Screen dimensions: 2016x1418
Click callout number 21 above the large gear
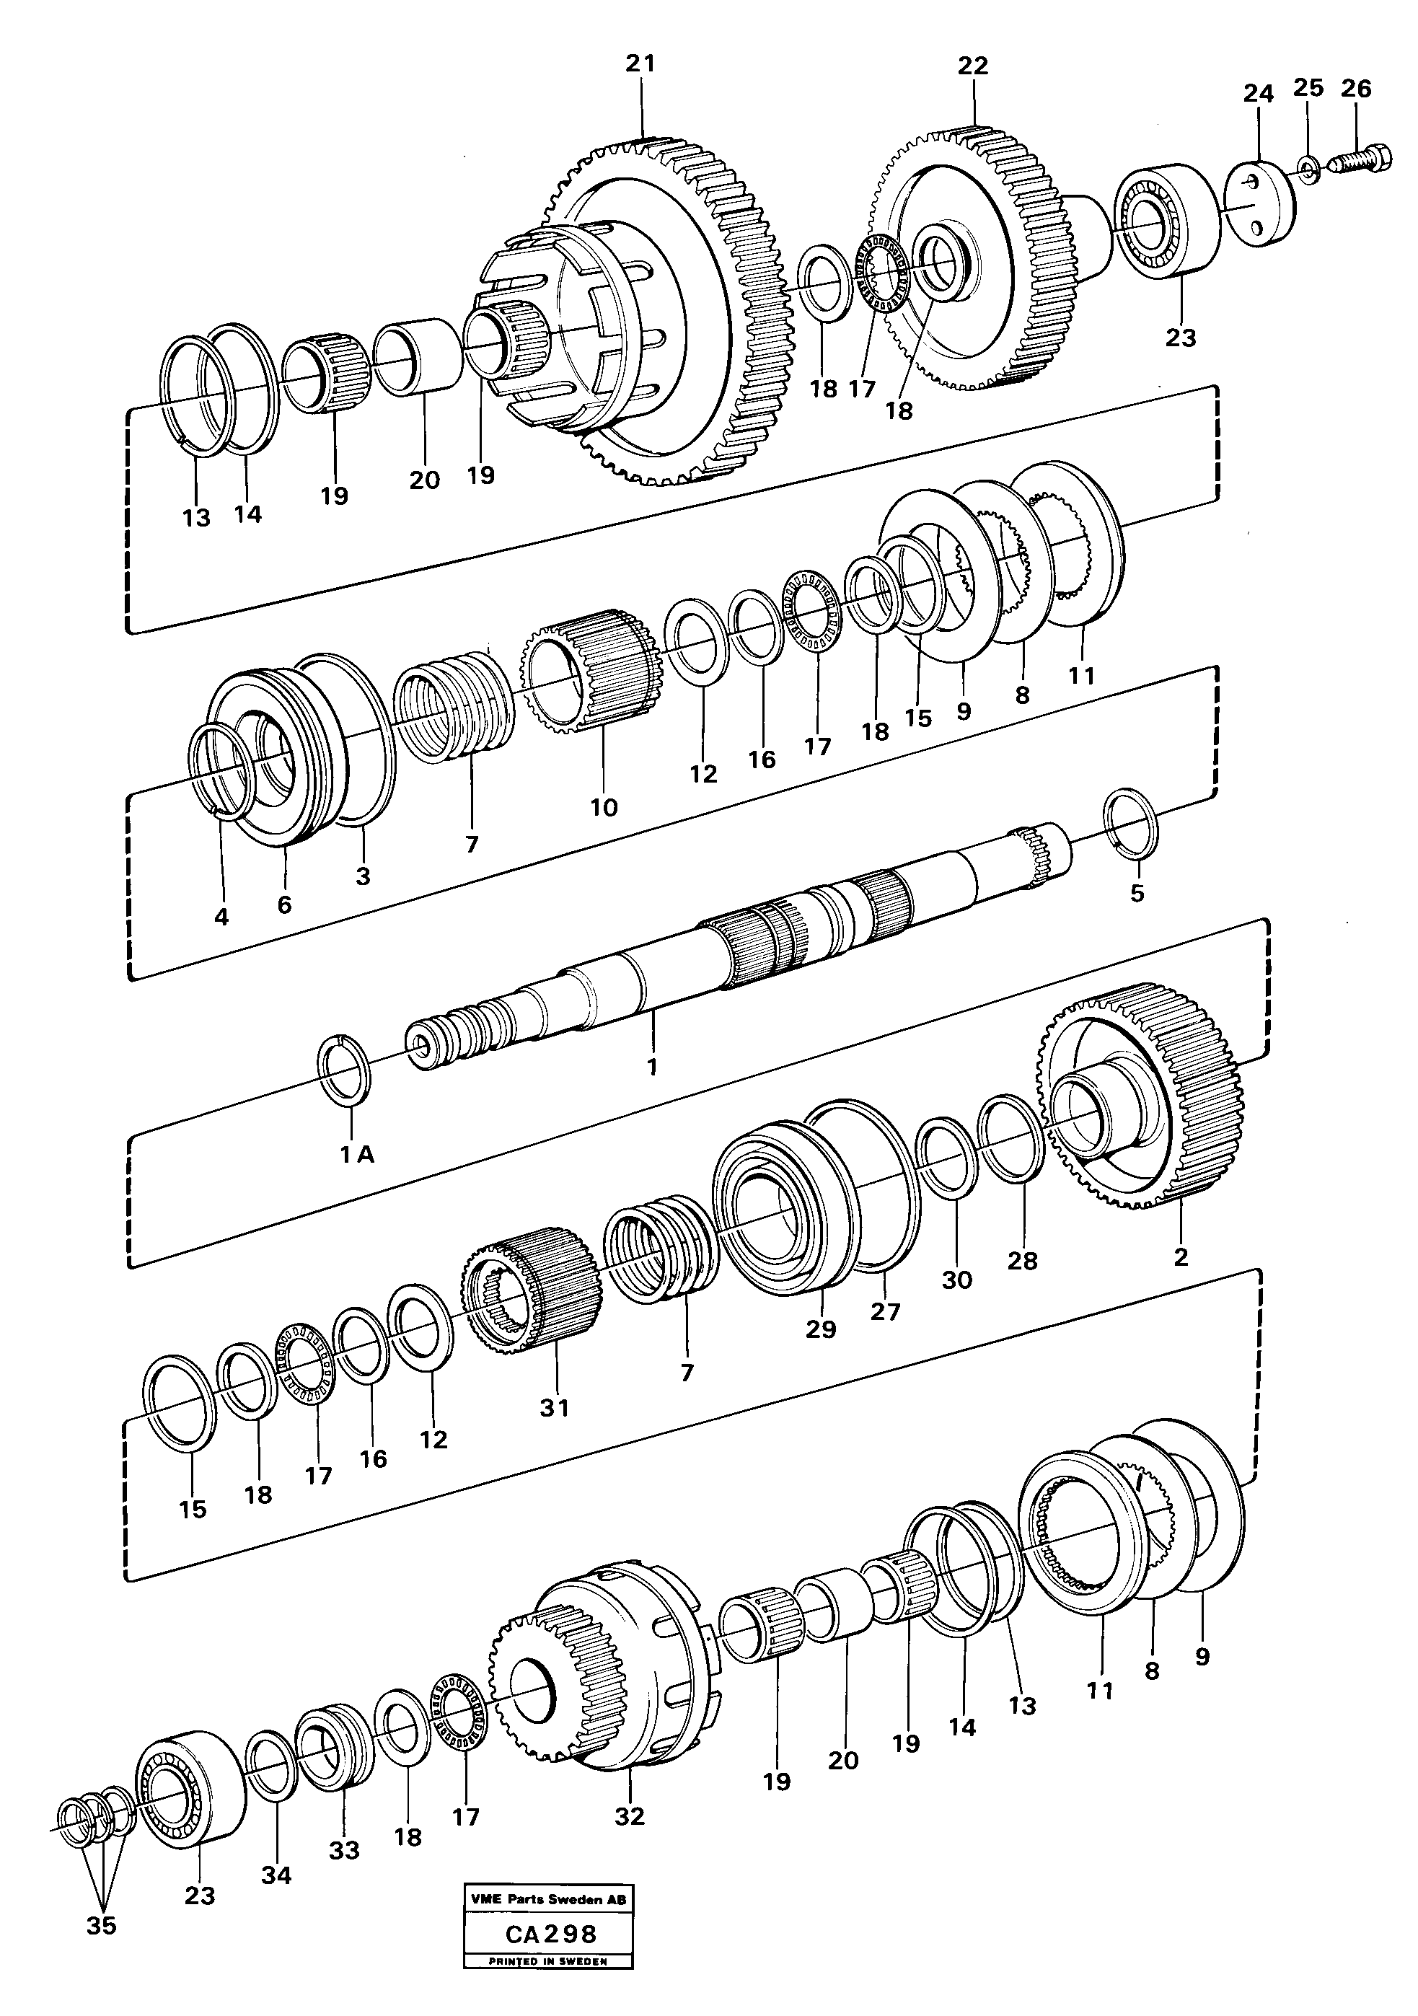[640, 63]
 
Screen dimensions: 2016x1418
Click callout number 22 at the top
[973, 65]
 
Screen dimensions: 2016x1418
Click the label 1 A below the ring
[357, 1156]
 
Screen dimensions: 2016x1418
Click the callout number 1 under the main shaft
[651, 1066]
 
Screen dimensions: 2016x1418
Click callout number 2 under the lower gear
[1181, 1256]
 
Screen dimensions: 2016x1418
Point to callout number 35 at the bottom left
[101, 1927]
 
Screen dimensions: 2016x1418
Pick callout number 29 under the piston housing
[821, 1329]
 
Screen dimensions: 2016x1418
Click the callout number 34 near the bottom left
[276, 1875]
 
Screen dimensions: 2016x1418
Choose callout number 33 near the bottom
[344, 1850]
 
